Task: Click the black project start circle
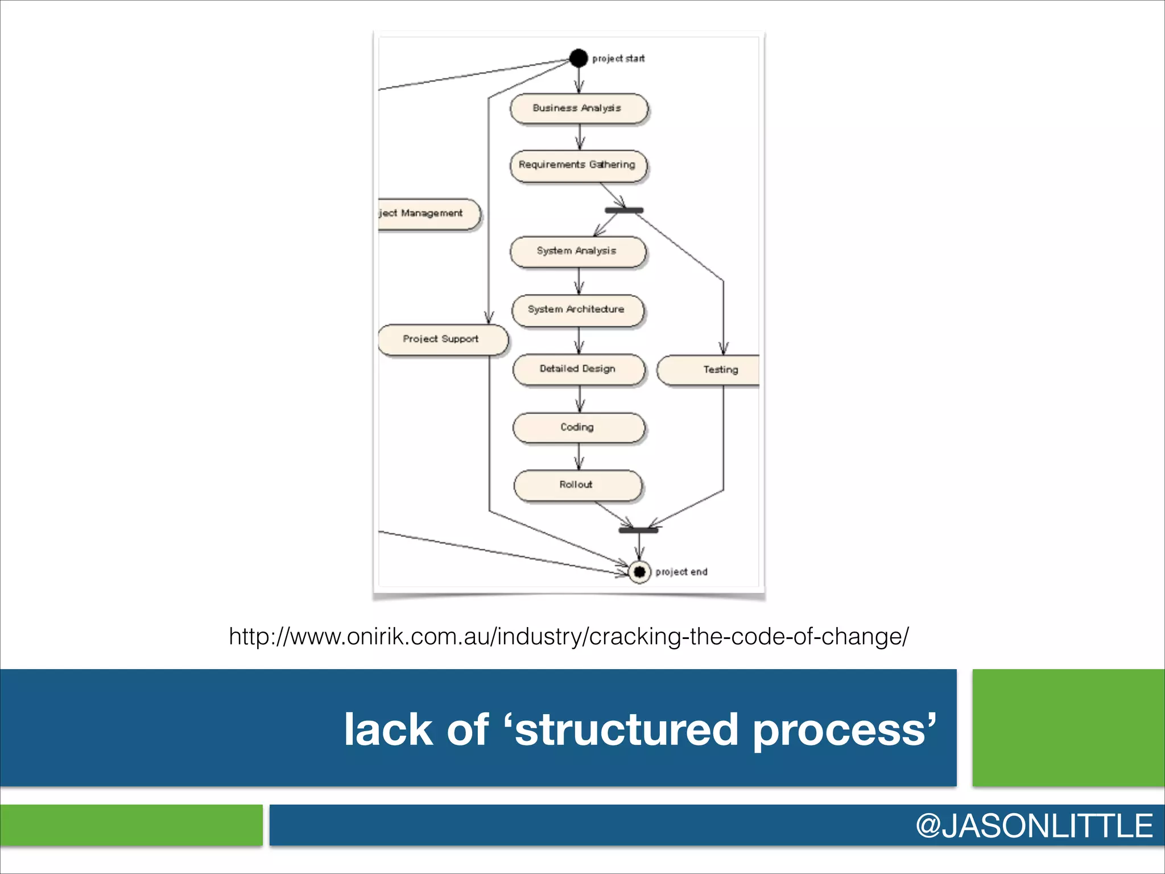click(x=578, y=58)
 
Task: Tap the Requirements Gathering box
click(x=578, y=165)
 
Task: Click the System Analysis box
click(x=578, y=251)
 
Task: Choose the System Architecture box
click(x=578, y=310)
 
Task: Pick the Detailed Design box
click(x=579, y=369)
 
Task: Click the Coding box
click(x=579, y=427)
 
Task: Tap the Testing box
click(x=711, y=370)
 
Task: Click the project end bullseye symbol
click(x=639, y=571)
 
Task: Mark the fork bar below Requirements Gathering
click(x=623, y=211)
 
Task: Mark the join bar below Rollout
click(x=638, y=530)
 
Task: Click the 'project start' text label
click(x=618, y=59)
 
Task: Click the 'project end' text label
click(x=681, y=572)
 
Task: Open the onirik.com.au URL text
click(x=568, y=636)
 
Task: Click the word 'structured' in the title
click(x=626, y=730)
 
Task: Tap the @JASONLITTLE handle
click(x=1034, y=826)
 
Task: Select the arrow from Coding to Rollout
click(x=579, y=456)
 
